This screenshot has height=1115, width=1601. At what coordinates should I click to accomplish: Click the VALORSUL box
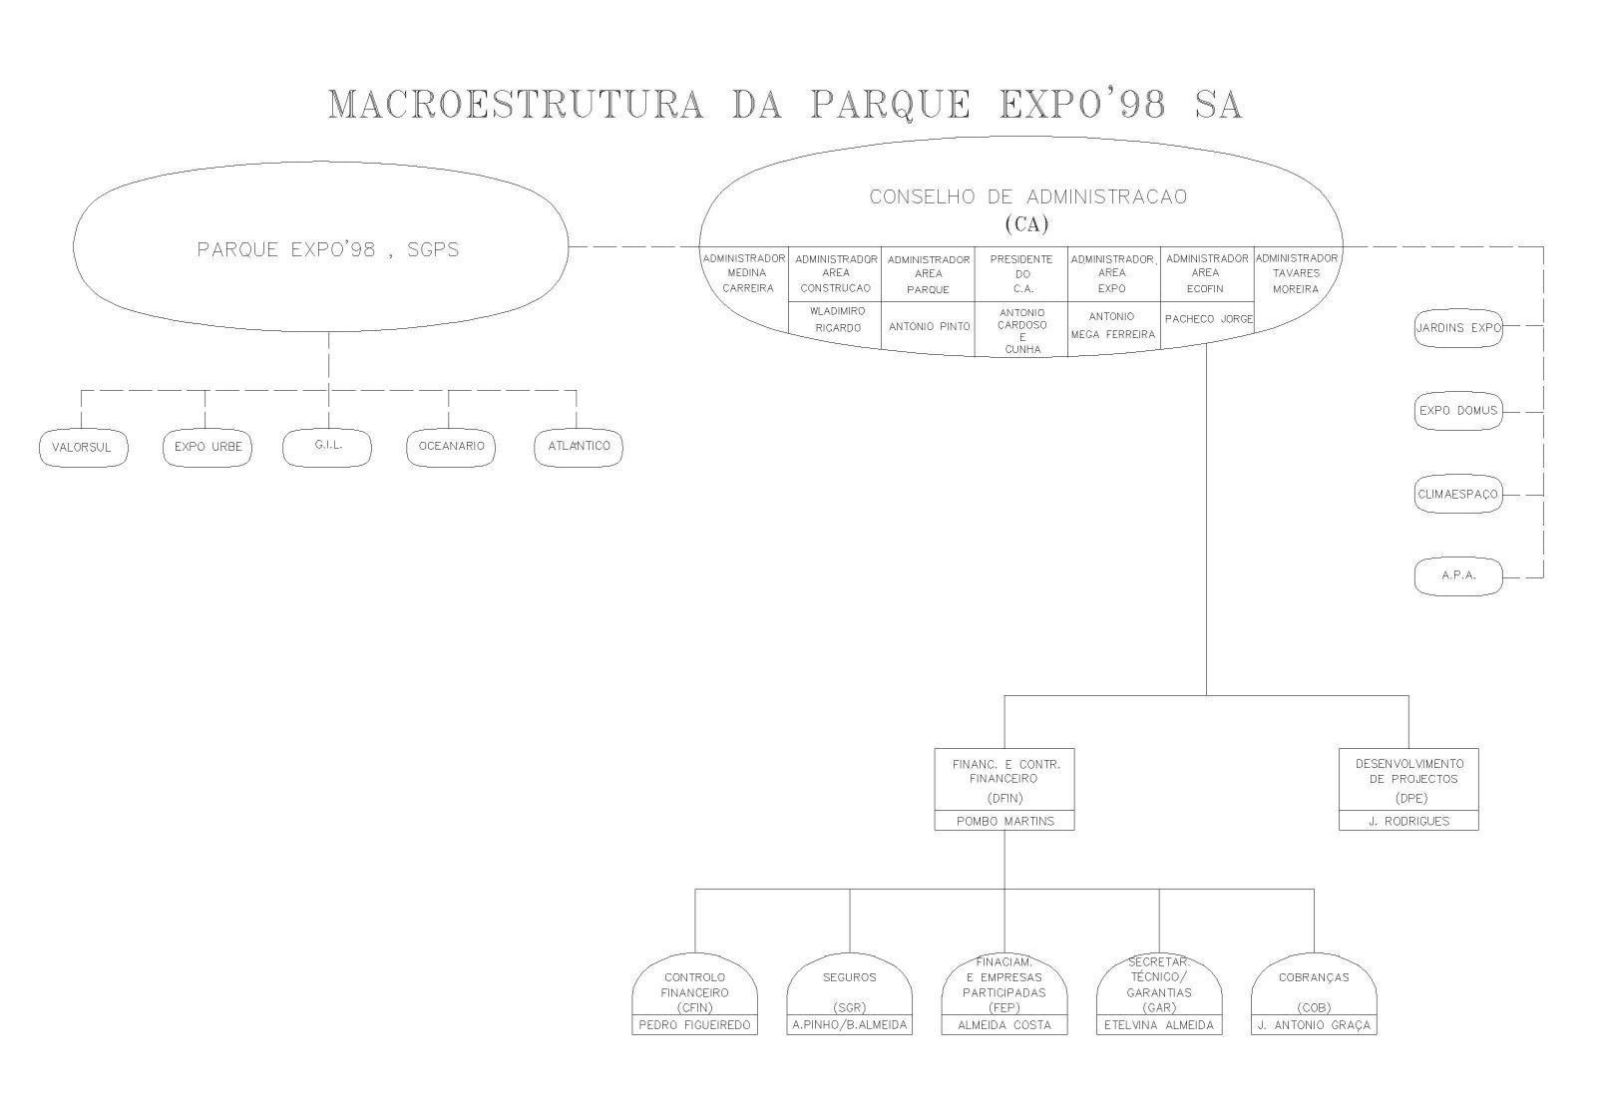pos(83,448)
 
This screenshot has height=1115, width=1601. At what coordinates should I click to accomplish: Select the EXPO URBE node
pos(207,448)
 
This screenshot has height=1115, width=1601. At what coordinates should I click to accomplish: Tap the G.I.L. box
pos(327,446)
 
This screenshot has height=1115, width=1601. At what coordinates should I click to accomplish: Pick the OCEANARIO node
pos(452,447)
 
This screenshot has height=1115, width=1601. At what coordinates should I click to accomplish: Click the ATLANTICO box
pos(579,447)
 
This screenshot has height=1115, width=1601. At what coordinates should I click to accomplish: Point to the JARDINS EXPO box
pos(1458,328)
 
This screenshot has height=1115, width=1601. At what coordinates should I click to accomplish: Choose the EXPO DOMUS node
pos(1458,411)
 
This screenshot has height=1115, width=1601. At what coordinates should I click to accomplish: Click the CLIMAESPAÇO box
pos(1458,495)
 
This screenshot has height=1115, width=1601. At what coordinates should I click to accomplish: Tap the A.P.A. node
pos(1458,576)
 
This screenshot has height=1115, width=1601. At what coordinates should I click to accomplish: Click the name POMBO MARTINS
pos(1004,821)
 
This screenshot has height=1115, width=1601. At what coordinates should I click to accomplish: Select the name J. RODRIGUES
pos(1408,821)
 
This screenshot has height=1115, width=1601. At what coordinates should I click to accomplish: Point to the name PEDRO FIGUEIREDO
pos(694,1025)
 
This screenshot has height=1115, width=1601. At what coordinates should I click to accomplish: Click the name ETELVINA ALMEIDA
pos(1159,1025)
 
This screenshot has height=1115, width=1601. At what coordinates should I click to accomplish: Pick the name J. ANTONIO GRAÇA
pos(1314,1025)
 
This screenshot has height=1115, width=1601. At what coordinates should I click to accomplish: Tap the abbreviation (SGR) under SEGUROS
pos(850,1007)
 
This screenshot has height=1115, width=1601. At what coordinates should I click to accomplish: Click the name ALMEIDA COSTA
pos(1004,1025)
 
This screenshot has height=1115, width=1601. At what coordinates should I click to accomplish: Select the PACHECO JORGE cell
pos(1208,319)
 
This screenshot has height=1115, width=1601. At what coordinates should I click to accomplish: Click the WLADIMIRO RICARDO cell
pos(836,319)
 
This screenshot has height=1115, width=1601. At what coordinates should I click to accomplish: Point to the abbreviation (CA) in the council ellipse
pos(1026,224)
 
